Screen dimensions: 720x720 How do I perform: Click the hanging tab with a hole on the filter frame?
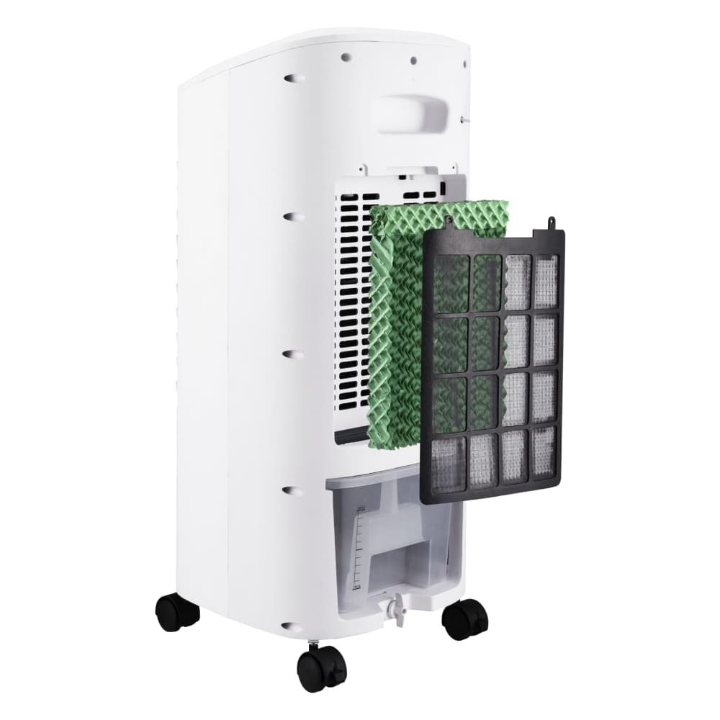pos(552,223)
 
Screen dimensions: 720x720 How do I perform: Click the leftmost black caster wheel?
pos(177,613)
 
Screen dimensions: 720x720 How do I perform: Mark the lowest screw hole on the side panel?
pos(291,627)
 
